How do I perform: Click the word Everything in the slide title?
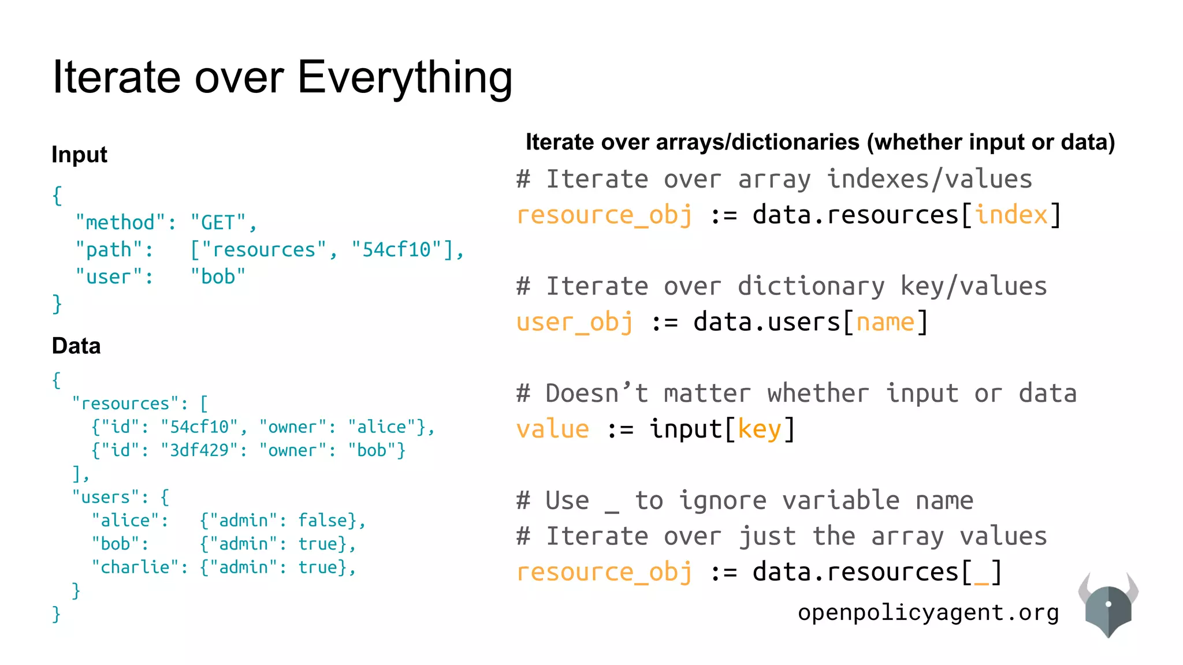tap(404, 78)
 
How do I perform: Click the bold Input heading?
tap(79, 155)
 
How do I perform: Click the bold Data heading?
tap(76, 346)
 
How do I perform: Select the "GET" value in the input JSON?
tap(218, 223)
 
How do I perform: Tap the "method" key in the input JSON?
tap(120, 223)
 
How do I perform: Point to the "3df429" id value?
tap(199, 450)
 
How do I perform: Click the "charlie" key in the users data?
tap(135, 567)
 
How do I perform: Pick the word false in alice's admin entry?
tap(322, 521)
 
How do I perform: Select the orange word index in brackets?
tap(1011, 215)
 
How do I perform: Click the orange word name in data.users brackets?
tap(885, 322)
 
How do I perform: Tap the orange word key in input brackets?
tap(759, 429)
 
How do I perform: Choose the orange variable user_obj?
tap(575, 322)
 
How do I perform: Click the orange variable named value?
tap(553, 429)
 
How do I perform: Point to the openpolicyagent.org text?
tap(928, 612)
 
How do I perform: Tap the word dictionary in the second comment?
tap(810, 286)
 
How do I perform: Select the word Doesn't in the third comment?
tap(597, 394)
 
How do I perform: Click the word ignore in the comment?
tap(722, 500)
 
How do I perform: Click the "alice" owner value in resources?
tap(382, 427)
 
